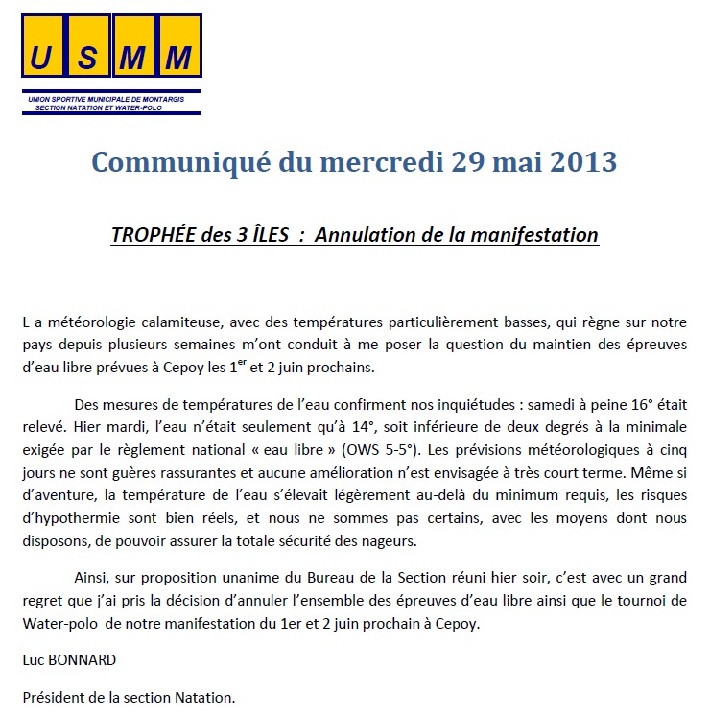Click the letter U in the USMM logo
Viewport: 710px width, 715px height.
tap(42, 59)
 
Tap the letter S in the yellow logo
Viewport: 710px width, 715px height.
tap(88, 59)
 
